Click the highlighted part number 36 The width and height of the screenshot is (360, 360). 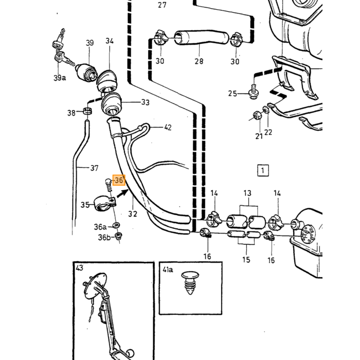tap(119, 180)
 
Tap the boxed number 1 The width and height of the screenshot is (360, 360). tap(263, 170)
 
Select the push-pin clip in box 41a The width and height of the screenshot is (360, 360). tap(190, 283)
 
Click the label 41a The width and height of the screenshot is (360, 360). tap(168, 269)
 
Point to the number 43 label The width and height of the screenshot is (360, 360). tap(79, 268)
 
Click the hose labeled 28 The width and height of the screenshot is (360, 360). tap(202, 38)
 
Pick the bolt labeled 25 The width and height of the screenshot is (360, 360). tap(253, 92)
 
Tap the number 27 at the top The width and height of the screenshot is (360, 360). tap(162, 5)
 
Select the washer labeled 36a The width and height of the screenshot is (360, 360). tap(117, 225)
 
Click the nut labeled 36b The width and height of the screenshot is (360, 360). tap(119, 236)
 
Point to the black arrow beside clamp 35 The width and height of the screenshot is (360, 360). tap(122, 193)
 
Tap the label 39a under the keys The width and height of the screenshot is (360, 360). tap(60, 78)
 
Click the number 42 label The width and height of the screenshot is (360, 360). tap(168, 128)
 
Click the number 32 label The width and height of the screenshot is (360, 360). tap(133, 214)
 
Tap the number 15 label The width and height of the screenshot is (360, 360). tap(246, 260)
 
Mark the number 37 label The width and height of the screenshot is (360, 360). tap(94, 168)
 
